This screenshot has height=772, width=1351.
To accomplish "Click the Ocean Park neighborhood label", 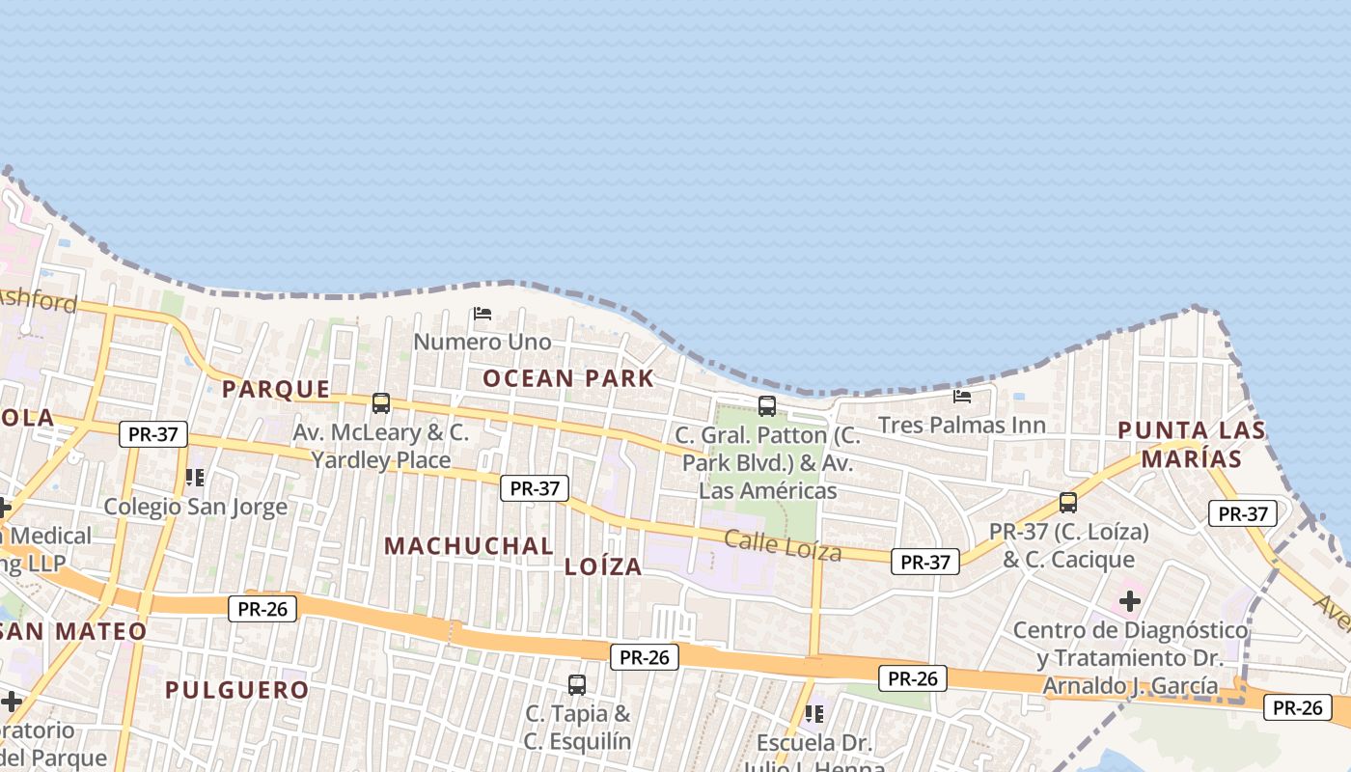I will [568, 378].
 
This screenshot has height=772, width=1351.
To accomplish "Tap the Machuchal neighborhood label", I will [469, 546].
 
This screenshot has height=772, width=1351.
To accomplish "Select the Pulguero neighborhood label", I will [236, 690].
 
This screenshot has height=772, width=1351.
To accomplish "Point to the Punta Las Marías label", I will [1191, 444].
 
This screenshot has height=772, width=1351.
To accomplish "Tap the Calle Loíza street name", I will [783, 546].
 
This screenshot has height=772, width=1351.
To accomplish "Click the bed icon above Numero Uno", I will [482, 314].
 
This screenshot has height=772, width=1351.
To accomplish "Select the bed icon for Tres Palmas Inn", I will [962, 396].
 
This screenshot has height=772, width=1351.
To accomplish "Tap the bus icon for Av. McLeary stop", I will [381, 403].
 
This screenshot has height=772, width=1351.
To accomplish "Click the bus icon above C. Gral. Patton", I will [767, 406].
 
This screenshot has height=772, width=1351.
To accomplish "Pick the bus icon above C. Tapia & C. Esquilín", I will [577, 685].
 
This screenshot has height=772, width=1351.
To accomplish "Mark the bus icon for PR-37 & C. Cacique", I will [1068, 503].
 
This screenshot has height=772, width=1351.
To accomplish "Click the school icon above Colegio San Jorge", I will [195, 478].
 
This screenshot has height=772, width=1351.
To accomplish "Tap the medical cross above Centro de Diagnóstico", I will [1130, 602].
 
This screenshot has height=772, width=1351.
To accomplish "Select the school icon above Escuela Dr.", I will [814, 714].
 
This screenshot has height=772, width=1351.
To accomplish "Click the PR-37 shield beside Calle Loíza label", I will [925, 562].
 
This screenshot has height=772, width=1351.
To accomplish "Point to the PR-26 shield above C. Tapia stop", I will [645, 657].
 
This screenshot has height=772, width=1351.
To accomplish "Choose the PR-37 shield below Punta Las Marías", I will [1243, 513].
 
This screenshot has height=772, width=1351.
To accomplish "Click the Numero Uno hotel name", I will [482, 342].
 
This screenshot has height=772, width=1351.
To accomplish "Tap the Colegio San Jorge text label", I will [196, 507].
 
